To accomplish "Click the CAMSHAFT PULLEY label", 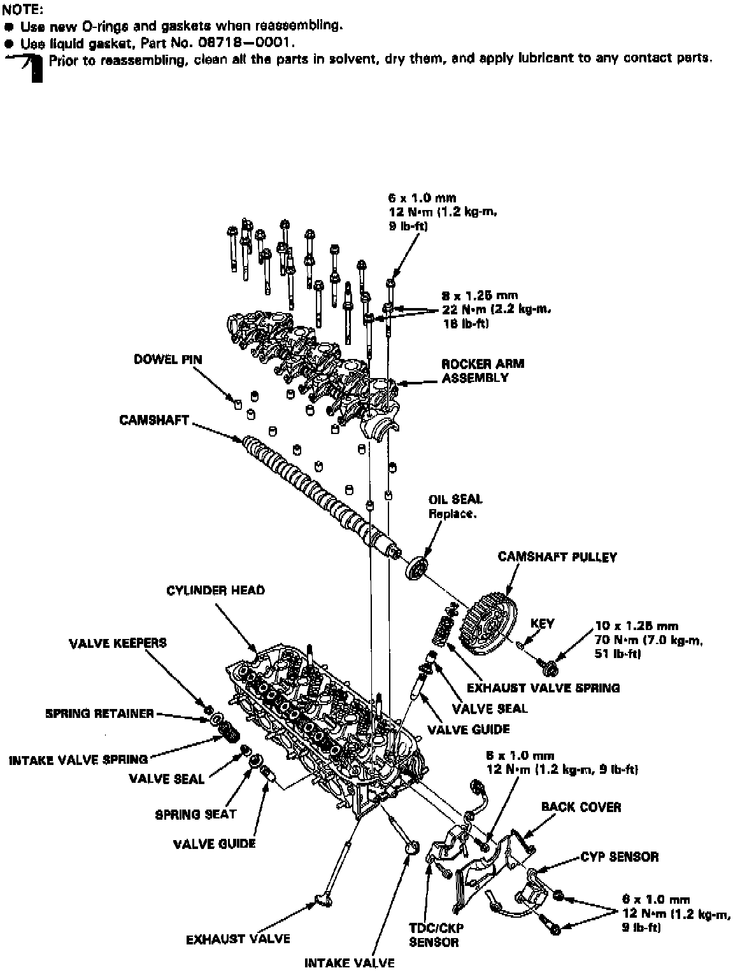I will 557,557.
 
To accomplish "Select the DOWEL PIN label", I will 167,360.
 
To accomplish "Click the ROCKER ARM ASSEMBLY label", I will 483,370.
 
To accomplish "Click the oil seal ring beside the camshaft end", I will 416,566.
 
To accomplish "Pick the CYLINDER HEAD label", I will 215,591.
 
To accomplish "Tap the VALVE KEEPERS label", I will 118,643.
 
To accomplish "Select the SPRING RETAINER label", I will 99,713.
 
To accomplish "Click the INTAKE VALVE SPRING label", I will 78,760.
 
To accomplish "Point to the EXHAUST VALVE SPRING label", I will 543,688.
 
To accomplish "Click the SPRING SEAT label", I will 196,814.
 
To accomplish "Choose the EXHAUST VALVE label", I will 238,939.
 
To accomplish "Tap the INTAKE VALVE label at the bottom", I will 349,963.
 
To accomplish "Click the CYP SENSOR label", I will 619,857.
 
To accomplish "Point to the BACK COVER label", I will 581,807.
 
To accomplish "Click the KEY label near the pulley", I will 542,624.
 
